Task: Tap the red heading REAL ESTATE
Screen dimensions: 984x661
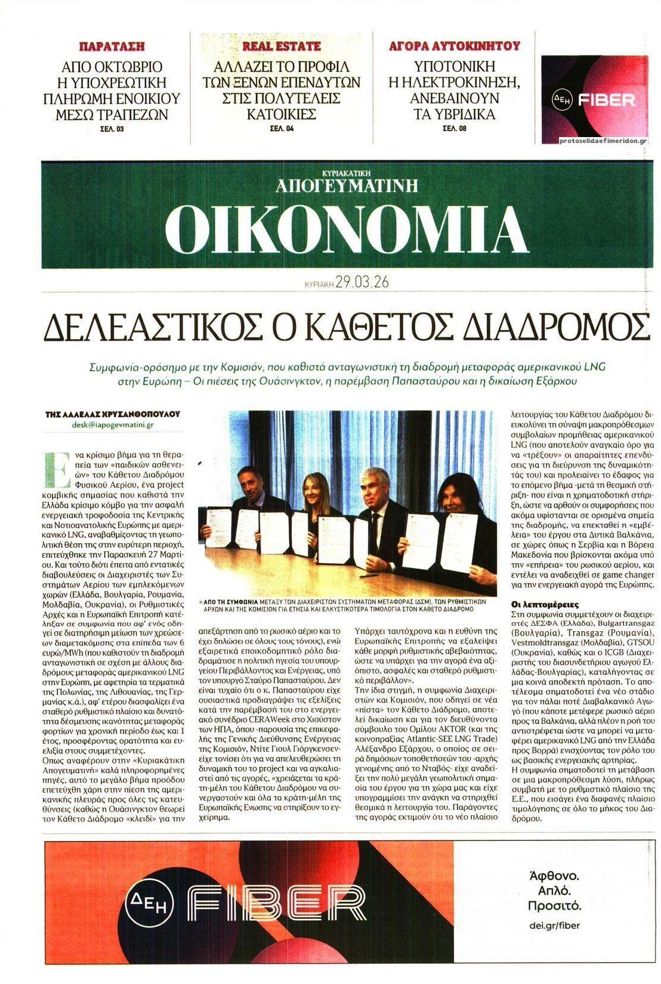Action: pyautogui.click(x=281, y=46)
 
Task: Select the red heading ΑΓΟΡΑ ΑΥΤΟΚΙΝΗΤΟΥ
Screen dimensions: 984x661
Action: pyautogui.click(x=454, y=46)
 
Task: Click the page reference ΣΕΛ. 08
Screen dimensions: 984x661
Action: pyautogui.click(x=454, y=128)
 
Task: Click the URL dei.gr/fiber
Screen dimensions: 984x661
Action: pyautogui.click(x=554, y=924)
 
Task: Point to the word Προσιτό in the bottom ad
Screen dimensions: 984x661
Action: pyautogui.click(x=554, y=907)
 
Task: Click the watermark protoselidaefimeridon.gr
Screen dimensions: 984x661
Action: pyautogui.click(x=604, y=141)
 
